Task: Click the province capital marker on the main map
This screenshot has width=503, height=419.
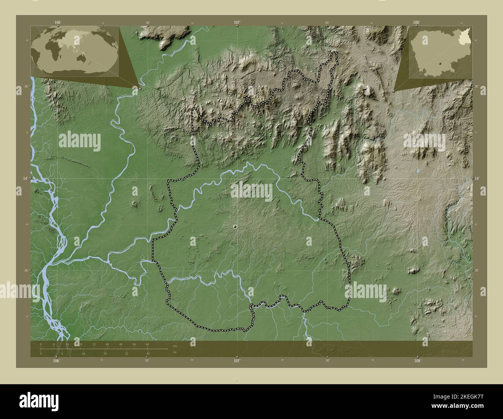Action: click(235, 227)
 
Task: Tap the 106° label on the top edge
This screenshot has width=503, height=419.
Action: click(58, 22)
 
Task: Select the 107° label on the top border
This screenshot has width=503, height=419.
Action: click(237, 22)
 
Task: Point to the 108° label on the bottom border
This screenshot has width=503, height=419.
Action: click(417, 361)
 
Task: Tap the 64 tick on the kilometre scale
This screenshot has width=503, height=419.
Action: click(147, 344)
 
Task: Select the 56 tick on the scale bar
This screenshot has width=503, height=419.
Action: click(134, 344)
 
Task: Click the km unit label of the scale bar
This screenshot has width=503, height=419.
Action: click(175, 346)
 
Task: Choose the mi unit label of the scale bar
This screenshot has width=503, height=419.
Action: click(175, 352)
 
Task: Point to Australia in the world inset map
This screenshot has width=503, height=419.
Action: click(82, 58)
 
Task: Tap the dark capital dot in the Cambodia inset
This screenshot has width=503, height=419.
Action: click(440, 63)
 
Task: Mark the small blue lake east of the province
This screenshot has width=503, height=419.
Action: click(417, 170)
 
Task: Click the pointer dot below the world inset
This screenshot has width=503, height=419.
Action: click(140, 89)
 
